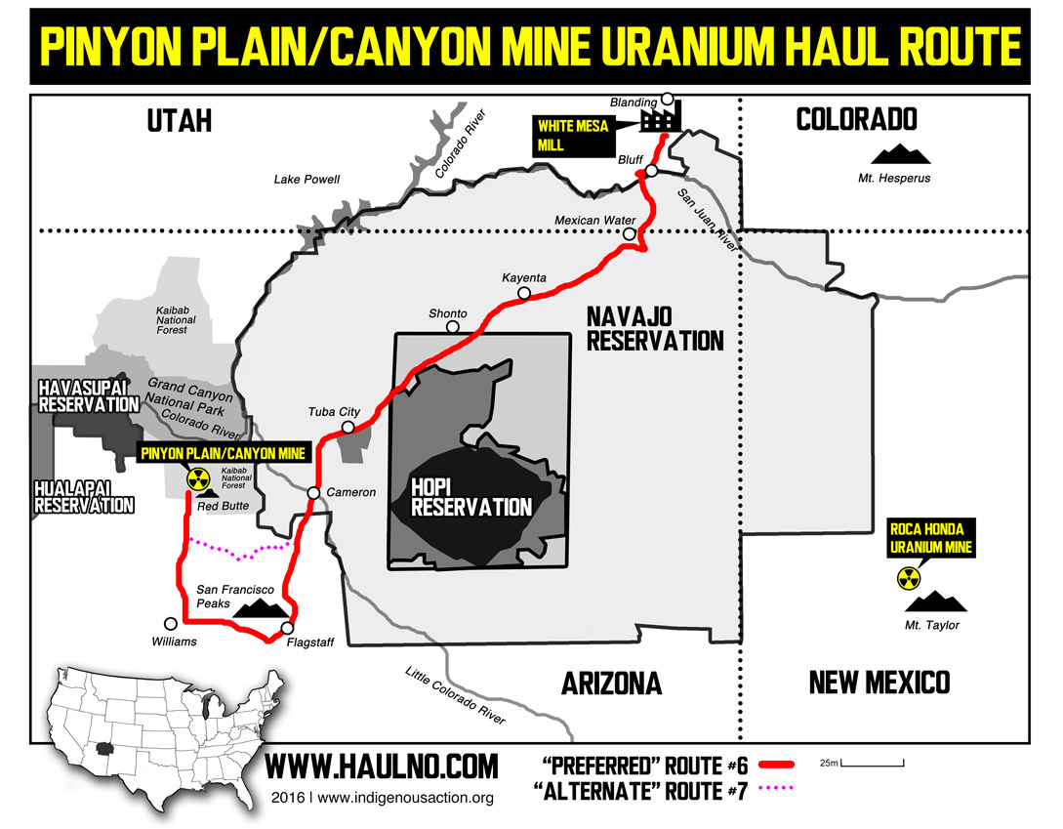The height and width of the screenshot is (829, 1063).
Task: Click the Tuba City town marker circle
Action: [348, 428]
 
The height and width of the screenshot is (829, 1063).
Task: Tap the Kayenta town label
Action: [524, 277]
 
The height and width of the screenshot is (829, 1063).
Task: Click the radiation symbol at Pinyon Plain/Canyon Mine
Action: [198, 478]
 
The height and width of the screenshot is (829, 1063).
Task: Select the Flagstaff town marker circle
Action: [287, 628]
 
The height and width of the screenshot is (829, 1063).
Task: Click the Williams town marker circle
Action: [171, 623]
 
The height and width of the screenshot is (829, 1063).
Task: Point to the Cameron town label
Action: [350, 492]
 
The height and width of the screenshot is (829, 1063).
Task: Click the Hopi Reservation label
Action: [471, 497]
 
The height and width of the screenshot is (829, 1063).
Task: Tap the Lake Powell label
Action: [307, 180]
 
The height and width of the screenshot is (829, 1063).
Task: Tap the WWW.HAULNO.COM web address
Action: [382, 765]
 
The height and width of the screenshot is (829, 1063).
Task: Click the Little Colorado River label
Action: [456, 695]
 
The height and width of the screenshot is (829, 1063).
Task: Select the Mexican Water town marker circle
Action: [630, 234]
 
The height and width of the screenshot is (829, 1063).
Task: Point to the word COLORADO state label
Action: [856, 119]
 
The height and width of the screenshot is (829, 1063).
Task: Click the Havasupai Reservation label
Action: [89, 396]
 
